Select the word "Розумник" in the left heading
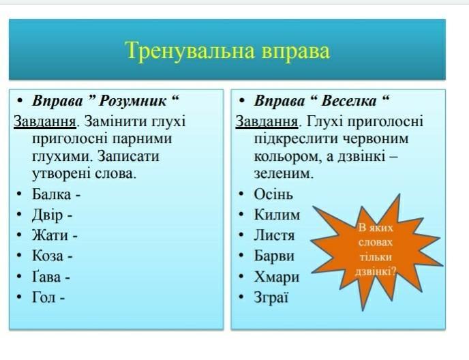pyautogui.click(x=132, y=101)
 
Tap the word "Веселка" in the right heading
pyautogui.click(x=348, y=101)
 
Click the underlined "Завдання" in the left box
pyautogui.click(x=45, y=122)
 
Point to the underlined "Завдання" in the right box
pyautogui.click(x=267, y=122)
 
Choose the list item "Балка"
pyautogui.click(x=51, y=194)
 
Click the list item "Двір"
pyautogui.click(x=48, y=215)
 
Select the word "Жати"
pyautogui.click(x=50, y=235)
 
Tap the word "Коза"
pyautogui.click(x=48, y=256)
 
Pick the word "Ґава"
pyautogui.click(x=46, y=277)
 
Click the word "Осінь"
pyautogui.click(x=273, y=194)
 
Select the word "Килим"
pyautogui.click(x=277, y=215)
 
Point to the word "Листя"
pyautogui.click(x=274, y=235)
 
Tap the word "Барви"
pyautogui.click(x=274, y=256)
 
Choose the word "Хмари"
pyautogui.click(x=277, y=277)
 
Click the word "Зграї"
pyautogui.click(x=271, y=298)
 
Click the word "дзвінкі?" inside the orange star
pyautogui.click(x=376, y=272)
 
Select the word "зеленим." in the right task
pyautogui.click(x=284, y=174)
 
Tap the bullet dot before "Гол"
pyautogui.click(x=19, y=297)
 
